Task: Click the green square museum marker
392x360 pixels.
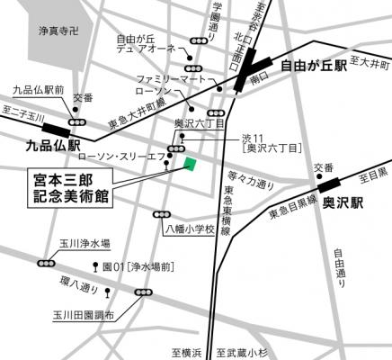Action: coord(190,162)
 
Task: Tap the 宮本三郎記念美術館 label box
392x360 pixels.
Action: coord(69,190)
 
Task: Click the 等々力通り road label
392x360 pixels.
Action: coord(252,182)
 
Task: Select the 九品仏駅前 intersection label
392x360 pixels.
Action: coord(39,91)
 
